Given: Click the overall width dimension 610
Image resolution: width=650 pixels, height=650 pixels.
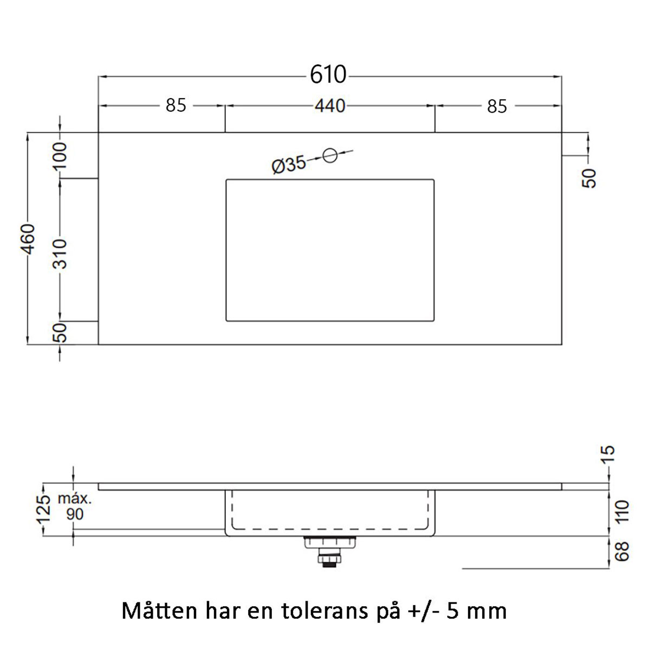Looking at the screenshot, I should pyautogui.click(x=328, y=75).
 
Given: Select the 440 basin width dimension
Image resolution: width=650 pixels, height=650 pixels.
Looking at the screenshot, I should pyautogui.click(x=330, y=106).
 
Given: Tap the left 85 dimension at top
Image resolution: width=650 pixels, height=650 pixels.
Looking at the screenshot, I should pyautogui.click(x=175, y=105).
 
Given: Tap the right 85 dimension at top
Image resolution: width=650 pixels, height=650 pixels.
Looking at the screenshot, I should pyautogui.click(x=497, y=106).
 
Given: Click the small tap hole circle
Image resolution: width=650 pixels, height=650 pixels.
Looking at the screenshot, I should pyautogui.click(x=330, y=155).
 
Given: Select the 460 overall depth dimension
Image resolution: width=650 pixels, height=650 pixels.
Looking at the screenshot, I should pyautogui.click(x=28, y=238).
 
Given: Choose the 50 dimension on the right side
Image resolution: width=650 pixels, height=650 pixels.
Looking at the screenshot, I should pyautogui.click(x=590, y=178).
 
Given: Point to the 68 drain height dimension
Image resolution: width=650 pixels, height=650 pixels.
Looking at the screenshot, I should pyautogui.click(x=622, y=551).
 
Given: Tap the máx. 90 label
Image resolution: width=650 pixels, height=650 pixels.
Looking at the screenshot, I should pyautogui.click(x=75, y=506).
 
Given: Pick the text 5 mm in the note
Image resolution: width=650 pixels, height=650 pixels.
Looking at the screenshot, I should pyautogui.click(x=477, y=612).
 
